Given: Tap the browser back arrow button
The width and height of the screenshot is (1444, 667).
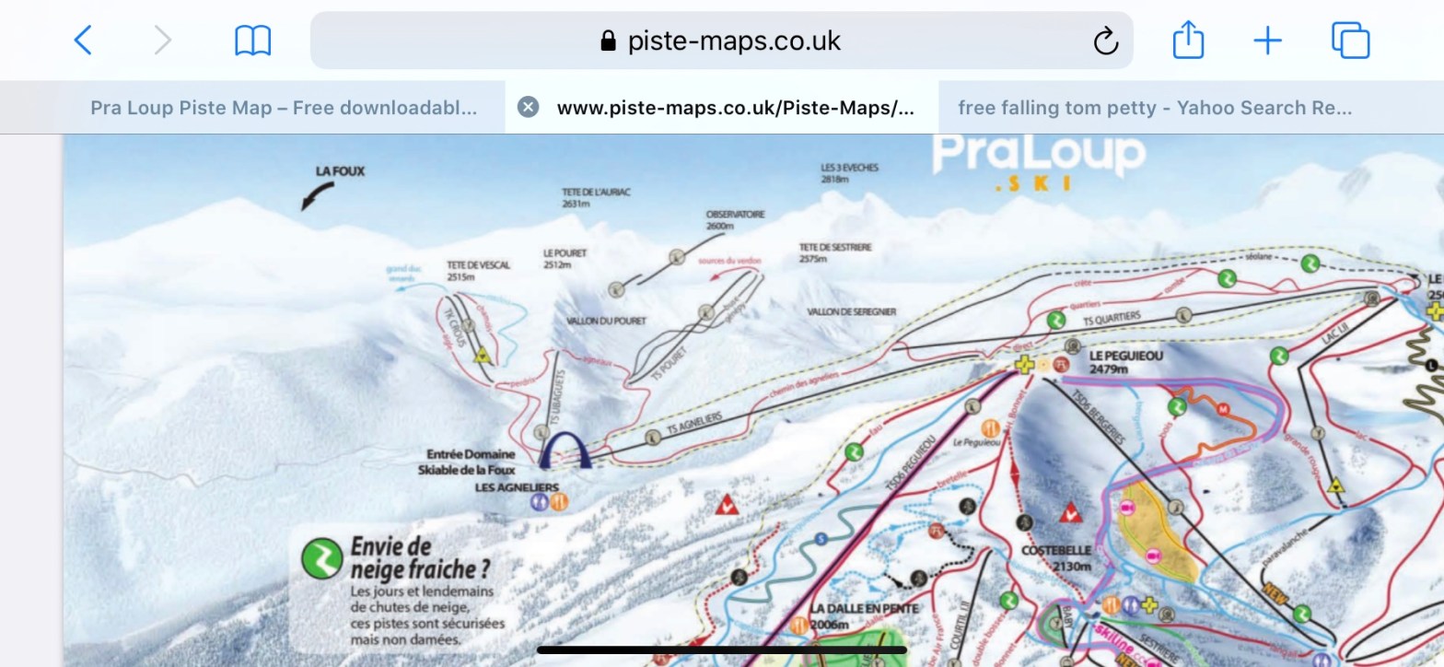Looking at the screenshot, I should click(x=83, y=41).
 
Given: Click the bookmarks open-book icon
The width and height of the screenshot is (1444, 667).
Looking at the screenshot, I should click(x=252, y=41).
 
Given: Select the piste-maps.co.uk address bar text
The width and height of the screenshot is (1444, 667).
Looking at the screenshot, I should click(x=733, y=41).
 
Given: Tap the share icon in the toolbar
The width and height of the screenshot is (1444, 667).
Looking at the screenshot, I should click(x=1188, y=41).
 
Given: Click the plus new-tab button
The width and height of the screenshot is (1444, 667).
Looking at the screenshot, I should click(x=1268, y=41).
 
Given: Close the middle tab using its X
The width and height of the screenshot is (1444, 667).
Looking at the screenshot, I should click(x=528, y=107).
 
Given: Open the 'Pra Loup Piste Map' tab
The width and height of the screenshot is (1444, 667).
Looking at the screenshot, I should click(x=284, y=107).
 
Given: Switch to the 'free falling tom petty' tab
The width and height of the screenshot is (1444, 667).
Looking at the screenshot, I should click(x=1155, y=107).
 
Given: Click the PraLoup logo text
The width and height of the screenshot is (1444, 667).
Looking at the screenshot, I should click(x=1039, y=154).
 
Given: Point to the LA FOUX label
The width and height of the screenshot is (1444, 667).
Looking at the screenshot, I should click(x=340, y=171).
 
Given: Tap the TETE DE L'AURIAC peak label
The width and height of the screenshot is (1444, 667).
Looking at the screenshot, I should click(x=597, y=198).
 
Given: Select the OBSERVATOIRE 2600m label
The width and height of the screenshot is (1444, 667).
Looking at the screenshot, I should click(x=735, y=219).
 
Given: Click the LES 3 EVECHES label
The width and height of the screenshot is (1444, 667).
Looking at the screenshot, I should click(x=849, y=173).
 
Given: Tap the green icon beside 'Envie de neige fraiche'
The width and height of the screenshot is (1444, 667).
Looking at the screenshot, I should click(x=322, y=558).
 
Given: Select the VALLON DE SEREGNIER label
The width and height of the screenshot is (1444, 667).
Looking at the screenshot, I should click(x=851, y=312).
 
